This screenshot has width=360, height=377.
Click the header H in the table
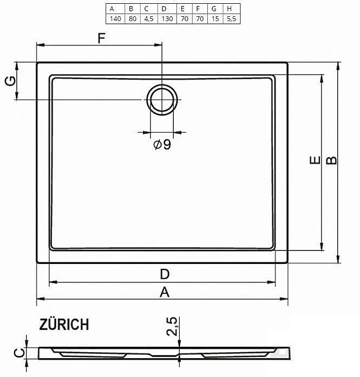(x=230, y=9)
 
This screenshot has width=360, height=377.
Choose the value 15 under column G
(x=214, y=18)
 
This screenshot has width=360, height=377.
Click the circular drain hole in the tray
(x=161, y=100)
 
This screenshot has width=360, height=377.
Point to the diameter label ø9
(x=162, y=144)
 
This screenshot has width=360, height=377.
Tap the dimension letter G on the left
(x=9, y=81)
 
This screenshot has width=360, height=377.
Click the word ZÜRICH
(x=64, y=325)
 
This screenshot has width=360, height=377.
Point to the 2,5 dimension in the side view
(x=172, y=327)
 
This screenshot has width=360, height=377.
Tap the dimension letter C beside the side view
(x=18, y=353)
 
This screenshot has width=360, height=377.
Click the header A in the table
(x=113, y=9)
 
